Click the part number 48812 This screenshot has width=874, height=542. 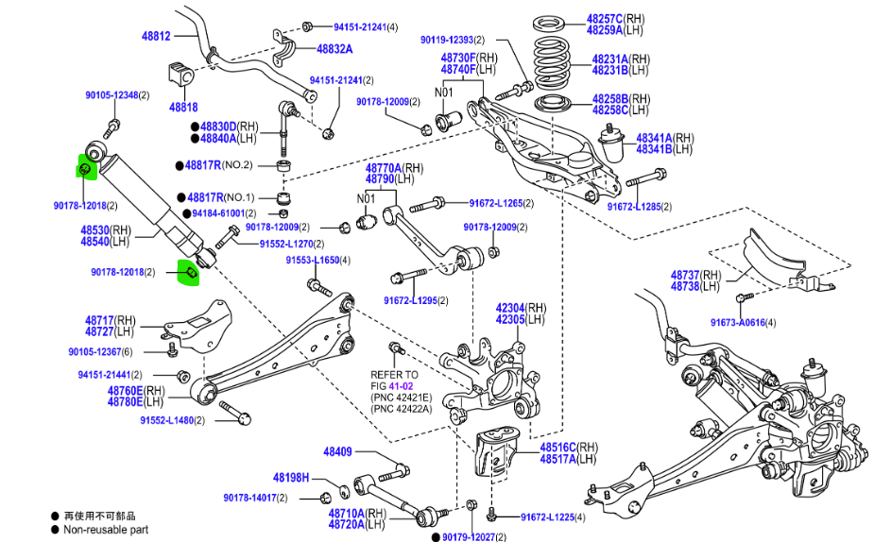click(156, 36)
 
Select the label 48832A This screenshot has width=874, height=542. click(334, 49)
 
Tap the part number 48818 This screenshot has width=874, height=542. click(183, 107)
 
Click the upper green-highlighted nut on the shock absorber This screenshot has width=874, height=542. click(83, 169)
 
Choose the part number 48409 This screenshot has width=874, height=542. click(337, 451)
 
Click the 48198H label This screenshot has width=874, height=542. click(291, 478)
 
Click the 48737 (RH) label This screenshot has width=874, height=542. click(695, 275)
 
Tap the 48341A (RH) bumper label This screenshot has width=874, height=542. click(652, 137)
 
